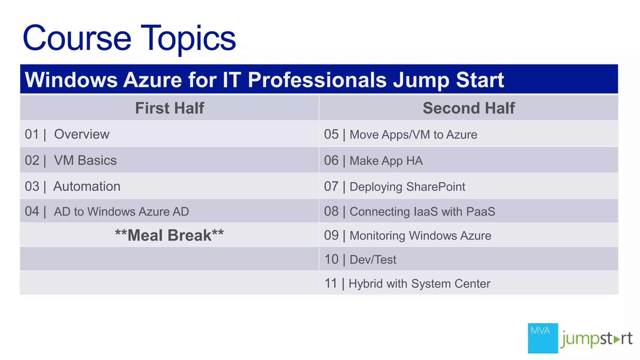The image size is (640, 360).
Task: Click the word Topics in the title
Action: pos(188,39)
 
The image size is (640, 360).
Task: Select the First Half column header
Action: pos(169,108)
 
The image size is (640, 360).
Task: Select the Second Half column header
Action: pos(468,108)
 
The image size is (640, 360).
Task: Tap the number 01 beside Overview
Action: pos(32,134)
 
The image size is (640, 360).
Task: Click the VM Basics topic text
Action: pos(85,160)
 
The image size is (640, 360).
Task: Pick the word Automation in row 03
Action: pos(87,187)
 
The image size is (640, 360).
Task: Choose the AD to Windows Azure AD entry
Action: pos(121,212)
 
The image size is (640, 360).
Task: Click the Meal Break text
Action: pos(169,235)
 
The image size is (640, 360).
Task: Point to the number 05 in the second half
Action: pos(331,134)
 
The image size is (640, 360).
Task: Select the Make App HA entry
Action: pos(386,161)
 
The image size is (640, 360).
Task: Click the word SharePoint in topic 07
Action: pos(436,187)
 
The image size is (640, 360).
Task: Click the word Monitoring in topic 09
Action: pos(377,236)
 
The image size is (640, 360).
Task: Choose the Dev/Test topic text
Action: pos(373,260)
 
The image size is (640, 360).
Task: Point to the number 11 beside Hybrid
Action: pos(331,283)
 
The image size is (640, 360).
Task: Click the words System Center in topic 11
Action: pos(451,284)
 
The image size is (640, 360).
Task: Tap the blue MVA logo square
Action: pos(542,338)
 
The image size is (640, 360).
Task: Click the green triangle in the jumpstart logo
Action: pos(616,339)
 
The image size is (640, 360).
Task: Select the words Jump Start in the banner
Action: pos(448,80)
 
